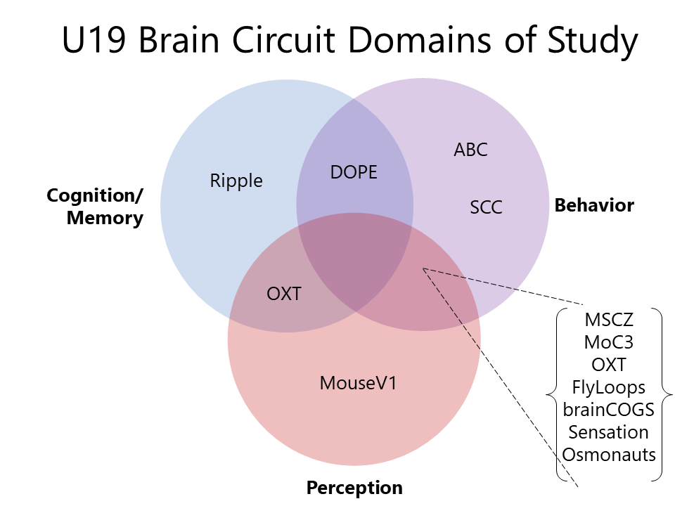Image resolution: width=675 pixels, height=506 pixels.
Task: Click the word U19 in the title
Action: pyautogui.click(x=94, y=39)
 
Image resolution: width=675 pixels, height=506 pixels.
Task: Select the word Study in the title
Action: pyautogui.click(x=592, y=41)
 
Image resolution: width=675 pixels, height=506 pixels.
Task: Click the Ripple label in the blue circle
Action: pyautogui.click(x=236, y=181)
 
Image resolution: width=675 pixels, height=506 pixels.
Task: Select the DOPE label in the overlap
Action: pyautogui.click(x=354, y=172)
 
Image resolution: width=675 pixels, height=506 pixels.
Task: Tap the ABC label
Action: pyautogui.click(x=470, y=150)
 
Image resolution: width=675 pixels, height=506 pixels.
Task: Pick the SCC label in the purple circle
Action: pyautogui.click(x=486, y=207)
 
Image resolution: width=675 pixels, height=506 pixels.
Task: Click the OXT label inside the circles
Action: pyautogui.click(x=284, y=294)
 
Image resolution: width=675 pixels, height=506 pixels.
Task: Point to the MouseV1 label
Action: pyautogui.click(x=358, y=383)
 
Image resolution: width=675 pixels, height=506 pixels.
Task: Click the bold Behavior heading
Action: pyautogui.click(x=594, y=205)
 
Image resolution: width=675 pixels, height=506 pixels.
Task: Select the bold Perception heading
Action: pyautogui.click(x=354, y=488)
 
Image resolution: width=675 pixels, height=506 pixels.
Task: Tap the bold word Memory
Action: pyautogui.click(x=105, y=218)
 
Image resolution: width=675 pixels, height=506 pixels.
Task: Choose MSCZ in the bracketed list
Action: pyautogui.click(x=609, y=320)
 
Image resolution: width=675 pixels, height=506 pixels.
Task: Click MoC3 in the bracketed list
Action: pyautogui.click(x=609, y=342)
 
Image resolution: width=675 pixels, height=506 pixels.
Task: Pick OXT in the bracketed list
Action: pyautogui.click(x=609, y=365)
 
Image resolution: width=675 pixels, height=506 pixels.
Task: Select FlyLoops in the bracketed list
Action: pyautogui.click(x=609, y=388)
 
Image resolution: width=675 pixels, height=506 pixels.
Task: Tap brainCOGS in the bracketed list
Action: pyautogui.click(x=609, y=410)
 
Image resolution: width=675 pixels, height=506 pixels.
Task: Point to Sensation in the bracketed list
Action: pyautogui.click(x=609, y=432)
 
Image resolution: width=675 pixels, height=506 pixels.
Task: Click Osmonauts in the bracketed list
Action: pyautogui.click(x=609, y=455)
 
